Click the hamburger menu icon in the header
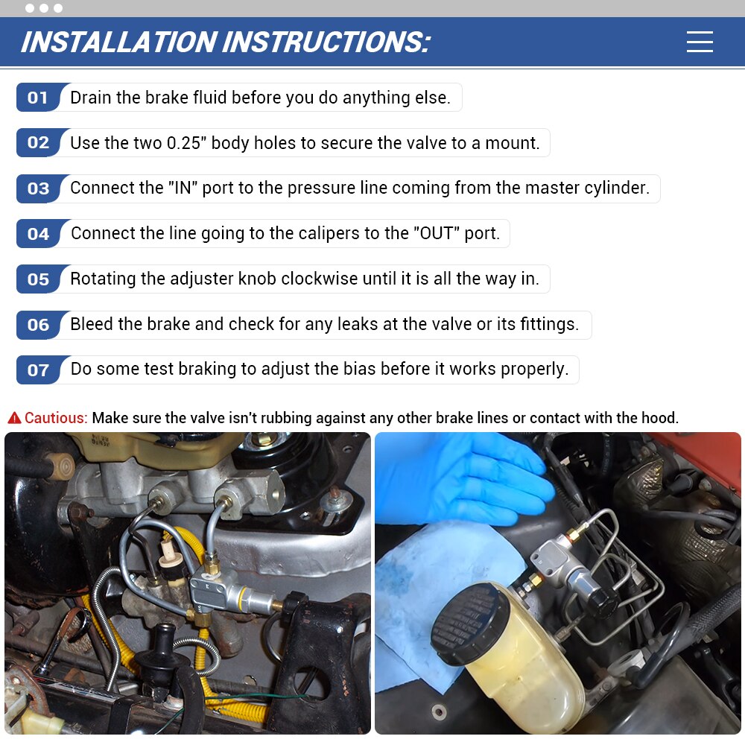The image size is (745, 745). coord(700,42)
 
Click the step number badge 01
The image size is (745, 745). coord(38,98)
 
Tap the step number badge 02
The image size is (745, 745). coord(38,143)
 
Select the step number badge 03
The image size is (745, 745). coord(38,188)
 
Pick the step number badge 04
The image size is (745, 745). coord(38,234)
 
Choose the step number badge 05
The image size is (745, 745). coord(38,279)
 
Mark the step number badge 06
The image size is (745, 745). coord(38,325)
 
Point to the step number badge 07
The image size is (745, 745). coord(38,370)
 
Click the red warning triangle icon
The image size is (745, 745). coord(14,418)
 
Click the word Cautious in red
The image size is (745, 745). coord(56,418)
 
